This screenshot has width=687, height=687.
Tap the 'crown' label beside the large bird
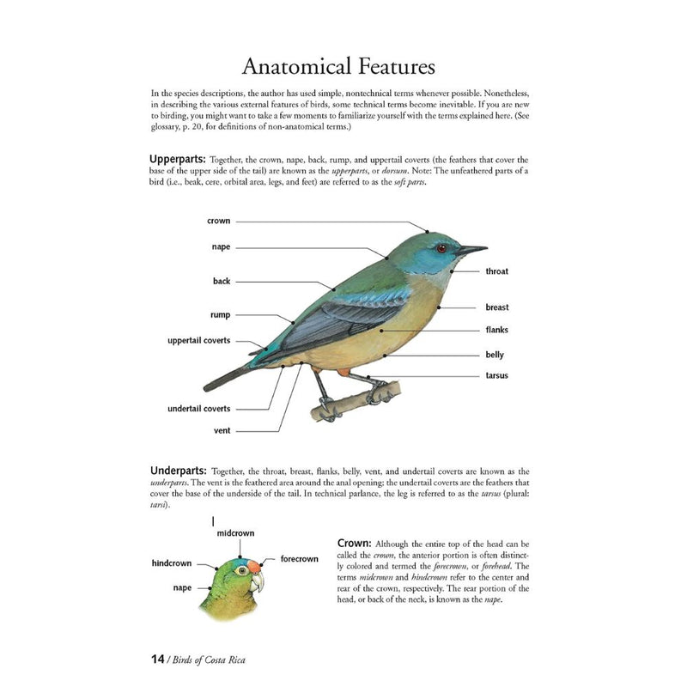pyautogui.click(x=218, y=221)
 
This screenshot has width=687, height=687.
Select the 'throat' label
pyautogui.click(x=496, y=271)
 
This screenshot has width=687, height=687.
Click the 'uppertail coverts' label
pyautogui.click(x=198, y=340)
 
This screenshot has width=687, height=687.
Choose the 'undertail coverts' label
pyautogui.click(x=198, y=408)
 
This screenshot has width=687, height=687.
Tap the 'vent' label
pyautogui.click(x=221, y=430)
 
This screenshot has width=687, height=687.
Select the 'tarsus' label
pyautogui.click(x=496, y=374)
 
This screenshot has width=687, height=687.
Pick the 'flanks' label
pyautogui.click(x=497, y=330)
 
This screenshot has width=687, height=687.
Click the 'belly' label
pyautogui.click(x=495, y=355)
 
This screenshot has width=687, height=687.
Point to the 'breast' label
pyautogui.click(x=496, y=307)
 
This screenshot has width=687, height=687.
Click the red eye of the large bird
pyautogui.click(x=441, y=248)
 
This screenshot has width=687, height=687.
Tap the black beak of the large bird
pyautogui.click(x=471, y=250)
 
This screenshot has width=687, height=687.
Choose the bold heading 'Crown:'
pyautogui.click(x=354, y=543)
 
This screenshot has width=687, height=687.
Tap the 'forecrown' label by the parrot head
pyautogui.click(x=299, y=559)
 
